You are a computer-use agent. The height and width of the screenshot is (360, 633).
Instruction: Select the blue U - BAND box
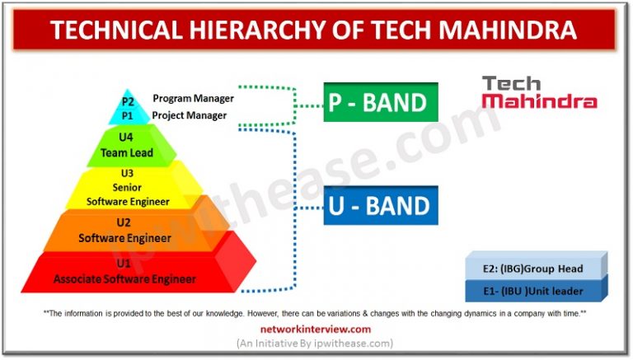coord(380,205)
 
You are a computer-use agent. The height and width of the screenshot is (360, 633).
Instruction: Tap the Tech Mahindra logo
coord(539,92)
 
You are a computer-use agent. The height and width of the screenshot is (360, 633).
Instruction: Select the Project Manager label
coord(189,115)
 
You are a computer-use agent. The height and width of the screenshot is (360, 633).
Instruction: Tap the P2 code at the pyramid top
coord(128,101)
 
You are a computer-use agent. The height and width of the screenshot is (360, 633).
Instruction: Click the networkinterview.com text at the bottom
coord(316,329)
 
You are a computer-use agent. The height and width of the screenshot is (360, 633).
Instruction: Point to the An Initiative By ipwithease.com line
coord(316,343)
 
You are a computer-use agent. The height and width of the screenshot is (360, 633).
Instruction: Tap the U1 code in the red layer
coord(124,264)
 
